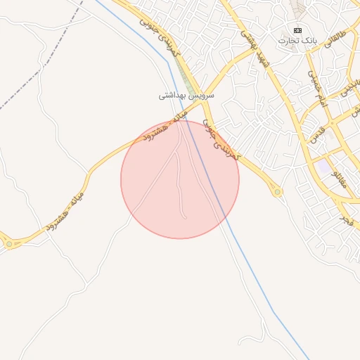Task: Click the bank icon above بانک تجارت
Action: tap(297, 30)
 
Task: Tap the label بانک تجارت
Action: tap(297, 41)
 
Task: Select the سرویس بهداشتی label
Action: tap(186, 94)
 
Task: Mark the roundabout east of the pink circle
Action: tap(278, 191)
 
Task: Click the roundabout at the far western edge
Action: tap(9, 243)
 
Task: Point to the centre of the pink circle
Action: tap(180, 179)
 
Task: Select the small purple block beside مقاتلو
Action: tap(323, 168)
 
